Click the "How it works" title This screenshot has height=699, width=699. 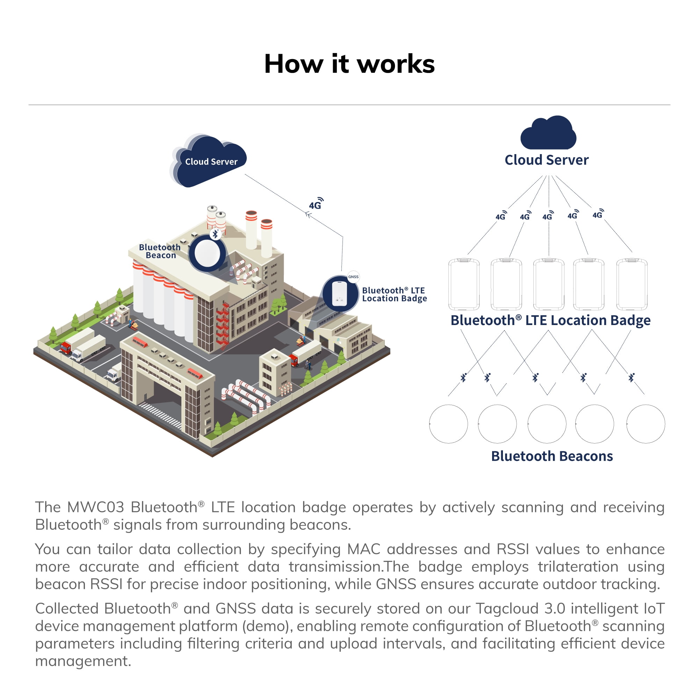(x=349, y=64)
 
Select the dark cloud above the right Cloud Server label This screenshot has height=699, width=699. (x=548, y=133)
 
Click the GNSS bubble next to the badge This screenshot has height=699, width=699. (x=353, y=277)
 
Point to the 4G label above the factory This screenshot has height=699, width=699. (x=316, y=204)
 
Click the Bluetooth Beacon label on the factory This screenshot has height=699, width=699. (x=160, y=251)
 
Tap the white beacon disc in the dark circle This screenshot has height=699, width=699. (x=207, y=253)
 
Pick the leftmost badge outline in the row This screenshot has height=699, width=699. (x=464, y=284)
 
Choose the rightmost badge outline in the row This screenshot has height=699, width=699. (x=632, y=284)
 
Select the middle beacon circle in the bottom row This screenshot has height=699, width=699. (x=547, y=424)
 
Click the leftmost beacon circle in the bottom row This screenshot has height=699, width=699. (x=448, y=424)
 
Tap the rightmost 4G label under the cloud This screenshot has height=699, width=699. (x=598, y=214)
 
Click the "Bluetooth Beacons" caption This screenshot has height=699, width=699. (x=552, y=456)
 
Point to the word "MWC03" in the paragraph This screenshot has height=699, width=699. (x=96, y=507)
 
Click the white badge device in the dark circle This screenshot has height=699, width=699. (x=339, y=293)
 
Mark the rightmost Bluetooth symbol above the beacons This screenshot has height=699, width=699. (x=631, y=377)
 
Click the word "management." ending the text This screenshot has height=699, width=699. (x=83, y=661)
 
